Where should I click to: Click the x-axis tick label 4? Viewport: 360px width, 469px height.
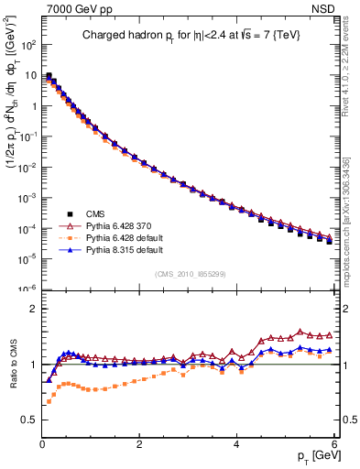[x=236, y=445]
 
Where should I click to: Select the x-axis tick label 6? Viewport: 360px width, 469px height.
[x=333, y=445]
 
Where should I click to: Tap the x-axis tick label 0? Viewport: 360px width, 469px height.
[x=42, y=445]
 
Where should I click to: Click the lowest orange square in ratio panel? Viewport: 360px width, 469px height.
[x=48, y=402]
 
